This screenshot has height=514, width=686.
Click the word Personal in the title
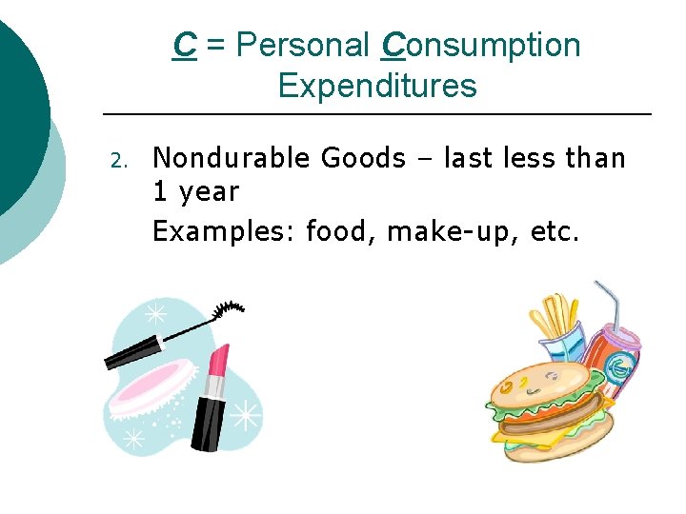coord(303,45)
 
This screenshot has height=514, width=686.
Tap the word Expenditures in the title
coord(376,86)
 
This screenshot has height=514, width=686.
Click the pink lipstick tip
coord(218,360)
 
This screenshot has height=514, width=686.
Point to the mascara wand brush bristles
coord(229,310)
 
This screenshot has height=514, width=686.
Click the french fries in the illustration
coord(556,319)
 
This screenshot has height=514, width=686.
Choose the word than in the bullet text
coord(595,157)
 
